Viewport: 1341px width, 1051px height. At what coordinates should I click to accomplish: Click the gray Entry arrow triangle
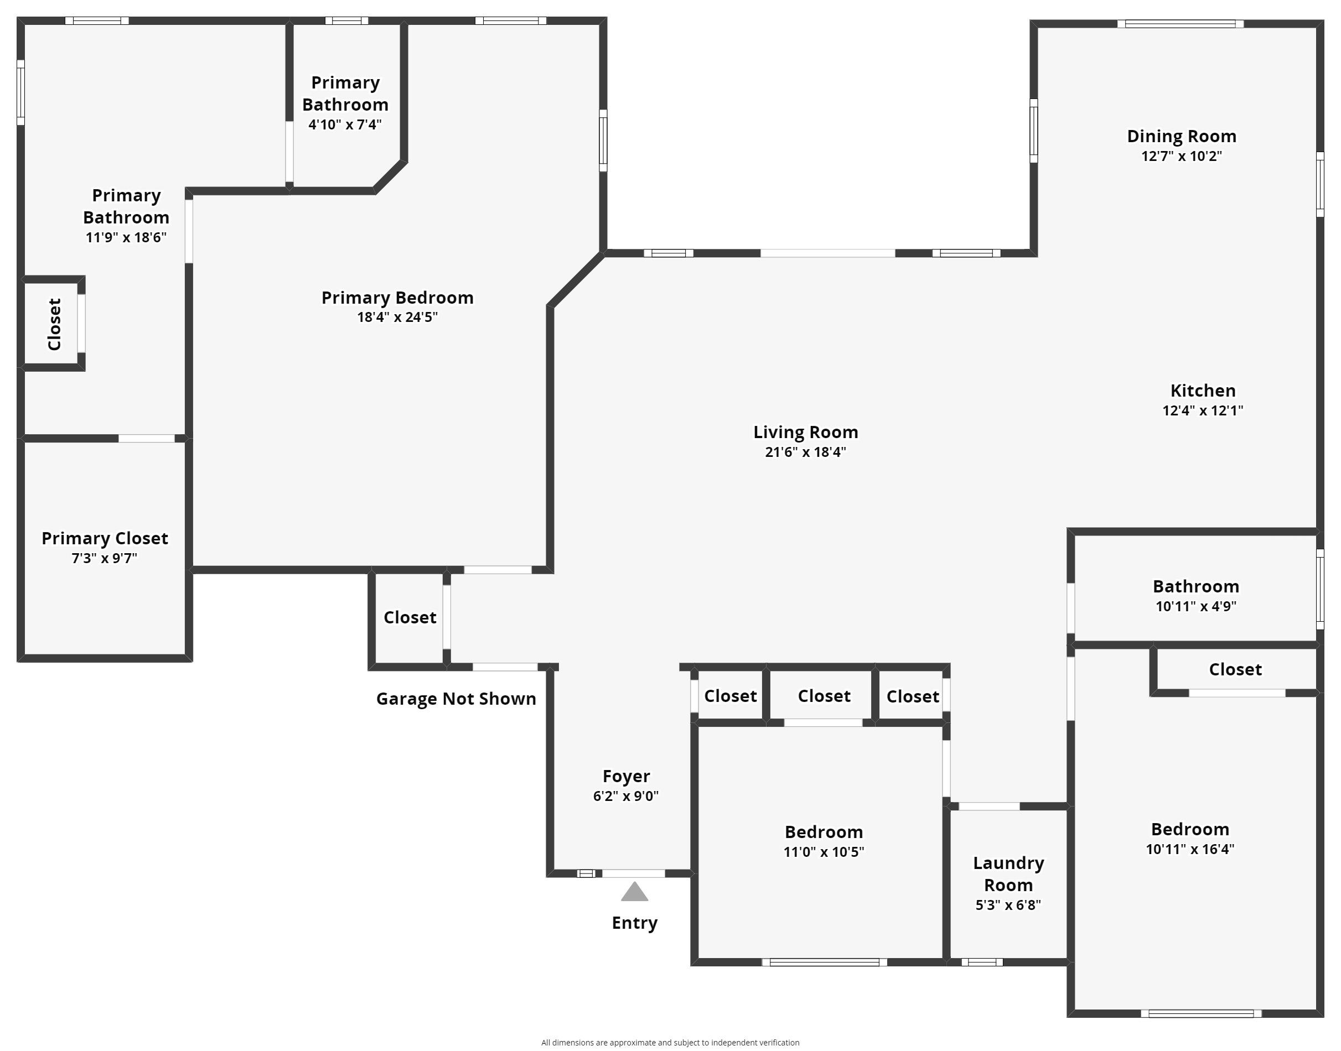click(634, 892)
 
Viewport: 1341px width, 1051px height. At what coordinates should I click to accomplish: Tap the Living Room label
click(805, 432)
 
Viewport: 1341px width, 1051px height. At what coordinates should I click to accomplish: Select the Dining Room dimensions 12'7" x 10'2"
click(1182, 155)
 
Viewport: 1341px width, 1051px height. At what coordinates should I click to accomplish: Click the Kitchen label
click(1203, 390)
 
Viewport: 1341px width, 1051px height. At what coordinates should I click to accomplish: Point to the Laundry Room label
click(1008, 874)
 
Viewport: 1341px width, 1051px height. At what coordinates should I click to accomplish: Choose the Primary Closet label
click(105, 538)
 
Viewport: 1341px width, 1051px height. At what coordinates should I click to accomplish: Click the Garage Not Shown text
click(456, 699)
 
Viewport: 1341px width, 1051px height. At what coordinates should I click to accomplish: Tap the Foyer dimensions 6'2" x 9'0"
click(625, 795)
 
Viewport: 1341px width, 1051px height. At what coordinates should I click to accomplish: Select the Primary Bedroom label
click(397, 298)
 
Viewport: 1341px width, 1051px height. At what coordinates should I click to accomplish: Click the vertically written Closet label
click(54, 324)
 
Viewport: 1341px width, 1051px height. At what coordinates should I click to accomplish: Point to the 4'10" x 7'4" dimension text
click(345, 124)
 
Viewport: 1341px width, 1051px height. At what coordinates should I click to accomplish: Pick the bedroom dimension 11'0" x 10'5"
click(824, 852)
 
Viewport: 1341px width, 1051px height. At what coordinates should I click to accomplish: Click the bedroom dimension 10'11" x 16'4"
click(1189, 849)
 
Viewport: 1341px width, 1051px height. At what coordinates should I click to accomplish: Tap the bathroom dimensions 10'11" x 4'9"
click(1195, 606)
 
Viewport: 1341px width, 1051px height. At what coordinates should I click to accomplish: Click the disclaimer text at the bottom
click(670, 1042)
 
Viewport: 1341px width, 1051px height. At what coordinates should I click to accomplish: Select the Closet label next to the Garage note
click(410, 617)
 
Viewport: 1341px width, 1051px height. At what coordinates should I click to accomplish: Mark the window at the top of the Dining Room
click(1181, 24)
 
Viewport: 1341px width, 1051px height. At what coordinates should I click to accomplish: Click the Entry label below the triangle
click(634, 923)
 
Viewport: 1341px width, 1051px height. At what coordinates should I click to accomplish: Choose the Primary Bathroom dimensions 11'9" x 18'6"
click(126, 237)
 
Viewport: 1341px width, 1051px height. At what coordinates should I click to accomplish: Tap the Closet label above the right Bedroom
click(1235, 669)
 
